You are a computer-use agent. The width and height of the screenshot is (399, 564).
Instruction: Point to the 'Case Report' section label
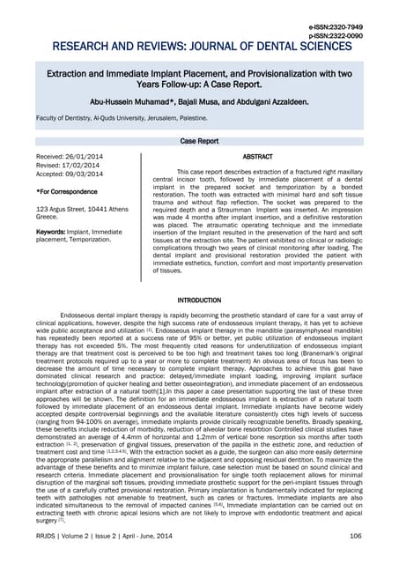click(199, 140)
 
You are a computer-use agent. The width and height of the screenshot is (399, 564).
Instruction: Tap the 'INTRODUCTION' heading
click(199, 301)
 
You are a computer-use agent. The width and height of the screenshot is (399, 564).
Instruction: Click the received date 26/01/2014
click(92, 156)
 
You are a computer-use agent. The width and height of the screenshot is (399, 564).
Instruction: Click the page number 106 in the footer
click(356, 535)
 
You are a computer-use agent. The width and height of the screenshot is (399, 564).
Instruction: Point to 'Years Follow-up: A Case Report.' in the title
click(199, 86)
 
